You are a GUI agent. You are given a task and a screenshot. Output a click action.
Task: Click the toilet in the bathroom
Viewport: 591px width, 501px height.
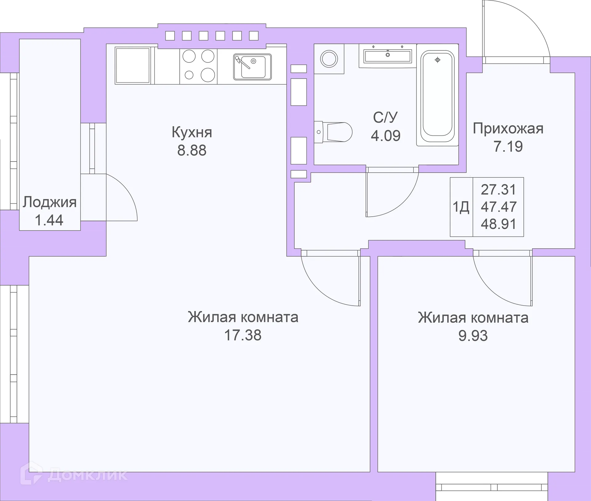point(336,132)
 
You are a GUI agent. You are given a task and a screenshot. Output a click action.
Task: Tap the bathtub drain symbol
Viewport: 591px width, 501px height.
point(437,60)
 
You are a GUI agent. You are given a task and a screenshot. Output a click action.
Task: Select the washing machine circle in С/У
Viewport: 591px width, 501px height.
point(329,58)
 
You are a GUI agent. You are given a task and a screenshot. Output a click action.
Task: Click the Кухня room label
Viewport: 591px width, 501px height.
point(192,133)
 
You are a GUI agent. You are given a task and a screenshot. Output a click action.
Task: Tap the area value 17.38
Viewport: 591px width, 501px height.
point(243,335)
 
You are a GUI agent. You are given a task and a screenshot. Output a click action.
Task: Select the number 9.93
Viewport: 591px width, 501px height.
point(473,336)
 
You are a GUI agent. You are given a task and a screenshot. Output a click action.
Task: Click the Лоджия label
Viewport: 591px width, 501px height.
point(49,202)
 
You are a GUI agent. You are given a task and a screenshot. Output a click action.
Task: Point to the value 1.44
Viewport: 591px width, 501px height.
point(49,220)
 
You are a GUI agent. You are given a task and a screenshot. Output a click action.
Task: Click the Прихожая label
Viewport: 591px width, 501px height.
point(508,129)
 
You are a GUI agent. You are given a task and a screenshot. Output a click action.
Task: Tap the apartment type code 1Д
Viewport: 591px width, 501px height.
point(461,207)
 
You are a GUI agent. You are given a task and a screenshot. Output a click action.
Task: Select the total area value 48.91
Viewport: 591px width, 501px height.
point(498,224)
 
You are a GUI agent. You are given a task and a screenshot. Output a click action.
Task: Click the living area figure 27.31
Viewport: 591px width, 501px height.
point(498,190)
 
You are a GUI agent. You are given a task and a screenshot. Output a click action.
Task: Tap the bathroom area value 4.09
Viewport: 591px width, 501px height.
point(385,136)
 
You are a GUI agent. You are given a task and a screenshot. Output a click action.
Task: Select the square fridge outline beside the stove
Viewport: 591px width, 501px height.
point(133,65)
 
